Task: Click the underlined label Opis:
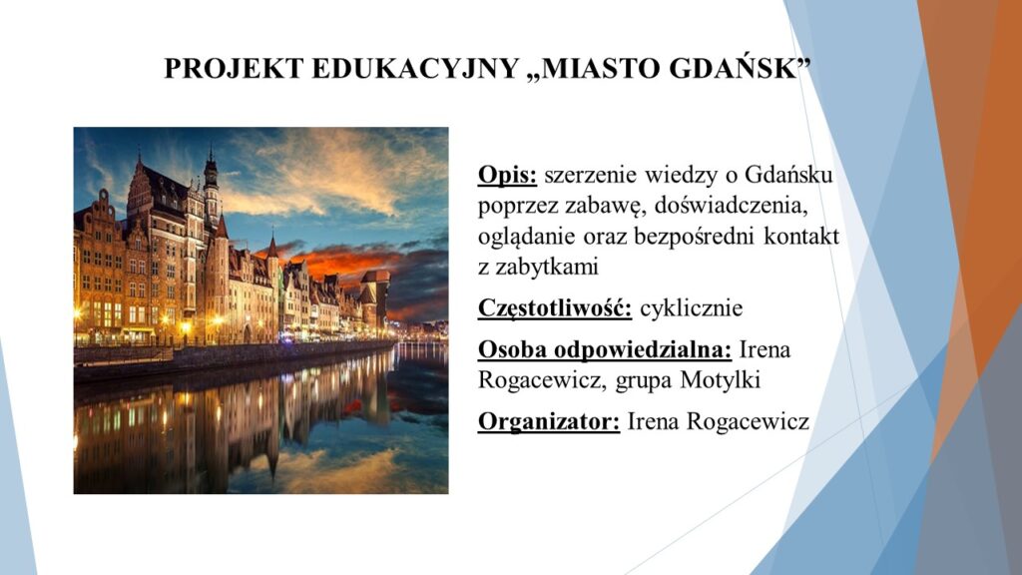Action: tap(507, 175)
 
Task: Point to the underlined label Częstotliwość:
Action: tap(555, 307)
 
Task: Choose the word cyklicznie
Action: tap(691, 307)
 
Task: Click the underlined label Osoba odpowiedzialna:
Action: tap(605, 349)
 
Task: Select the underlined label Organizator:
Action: tap(549, 421)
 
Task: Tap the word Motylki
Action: tap(720, 379)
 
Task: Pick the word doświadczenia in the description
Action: tap(731, 206)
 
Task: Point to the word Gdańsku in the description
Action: tap(788, 175)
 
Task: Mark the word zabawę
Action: tap(606, 206)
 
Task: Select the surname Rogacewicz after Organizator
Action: tap(748, 421)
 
